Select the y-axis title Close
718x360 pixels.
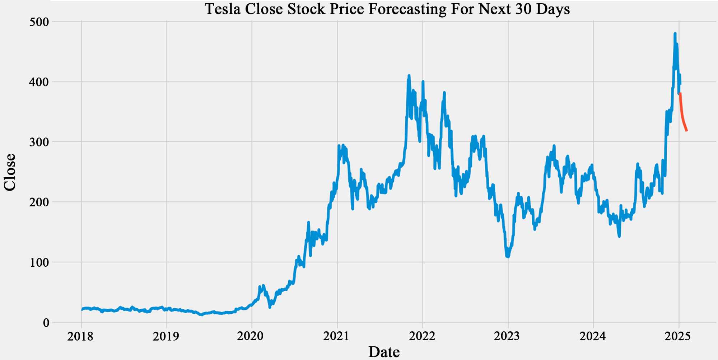click(x=10, y=172)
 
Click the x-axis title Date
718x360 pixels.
click(x=384, y=352)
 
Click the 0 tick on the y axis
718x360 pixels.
click(x=46, y=323)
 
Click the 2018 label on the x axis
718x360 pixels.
click(x=80, y=336)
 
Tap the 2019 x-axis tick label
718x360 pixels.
click(x=166, y=336)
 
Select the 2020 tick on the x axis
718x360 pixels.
click(x=251, y=336)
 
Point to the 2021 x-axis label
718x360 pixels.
click(x=336, y=336)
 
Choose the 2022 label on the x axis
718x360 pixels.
click(x=422, y=336)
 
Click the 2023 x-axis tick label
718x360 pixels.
click(x=507, y=336)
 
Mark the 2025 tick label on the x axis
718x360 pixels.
click(x=678, y=336)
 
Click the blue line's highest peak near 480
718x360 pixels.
click(x=675, y=34)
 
